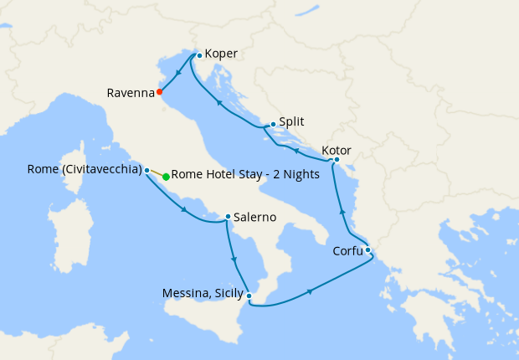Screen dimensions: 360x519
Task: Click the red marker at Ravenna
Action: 160,92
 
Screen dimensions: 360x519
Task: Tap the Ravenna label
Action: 130,93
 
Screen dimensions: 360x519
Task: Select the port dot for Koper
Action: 199,55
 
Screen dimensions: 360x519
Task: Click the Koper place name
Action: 222,54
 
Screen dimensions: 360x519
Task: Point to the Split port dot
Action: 273,124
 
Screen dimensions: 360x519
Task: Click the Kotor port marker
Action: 337,159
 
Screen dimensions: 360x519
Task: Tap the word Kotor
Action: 337,151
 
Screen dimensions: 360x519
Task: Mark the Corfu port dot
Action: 367,249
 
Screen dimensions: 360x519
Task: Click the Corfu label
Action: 345,249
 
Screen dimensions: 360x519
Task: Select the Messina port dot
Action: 249,295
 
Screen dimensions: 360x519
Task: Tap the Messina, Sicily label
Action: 203,294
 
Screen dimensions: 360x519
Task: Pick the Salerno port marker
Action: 228,218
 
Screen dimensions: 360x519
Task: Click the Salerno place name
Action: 255,217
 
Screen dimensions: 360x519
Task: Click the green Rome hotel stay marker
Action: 166,177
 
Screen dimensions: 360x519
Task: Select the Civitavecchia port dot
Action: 147,170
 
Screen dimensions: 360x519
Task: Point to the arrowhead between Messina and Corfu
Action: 311,291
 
